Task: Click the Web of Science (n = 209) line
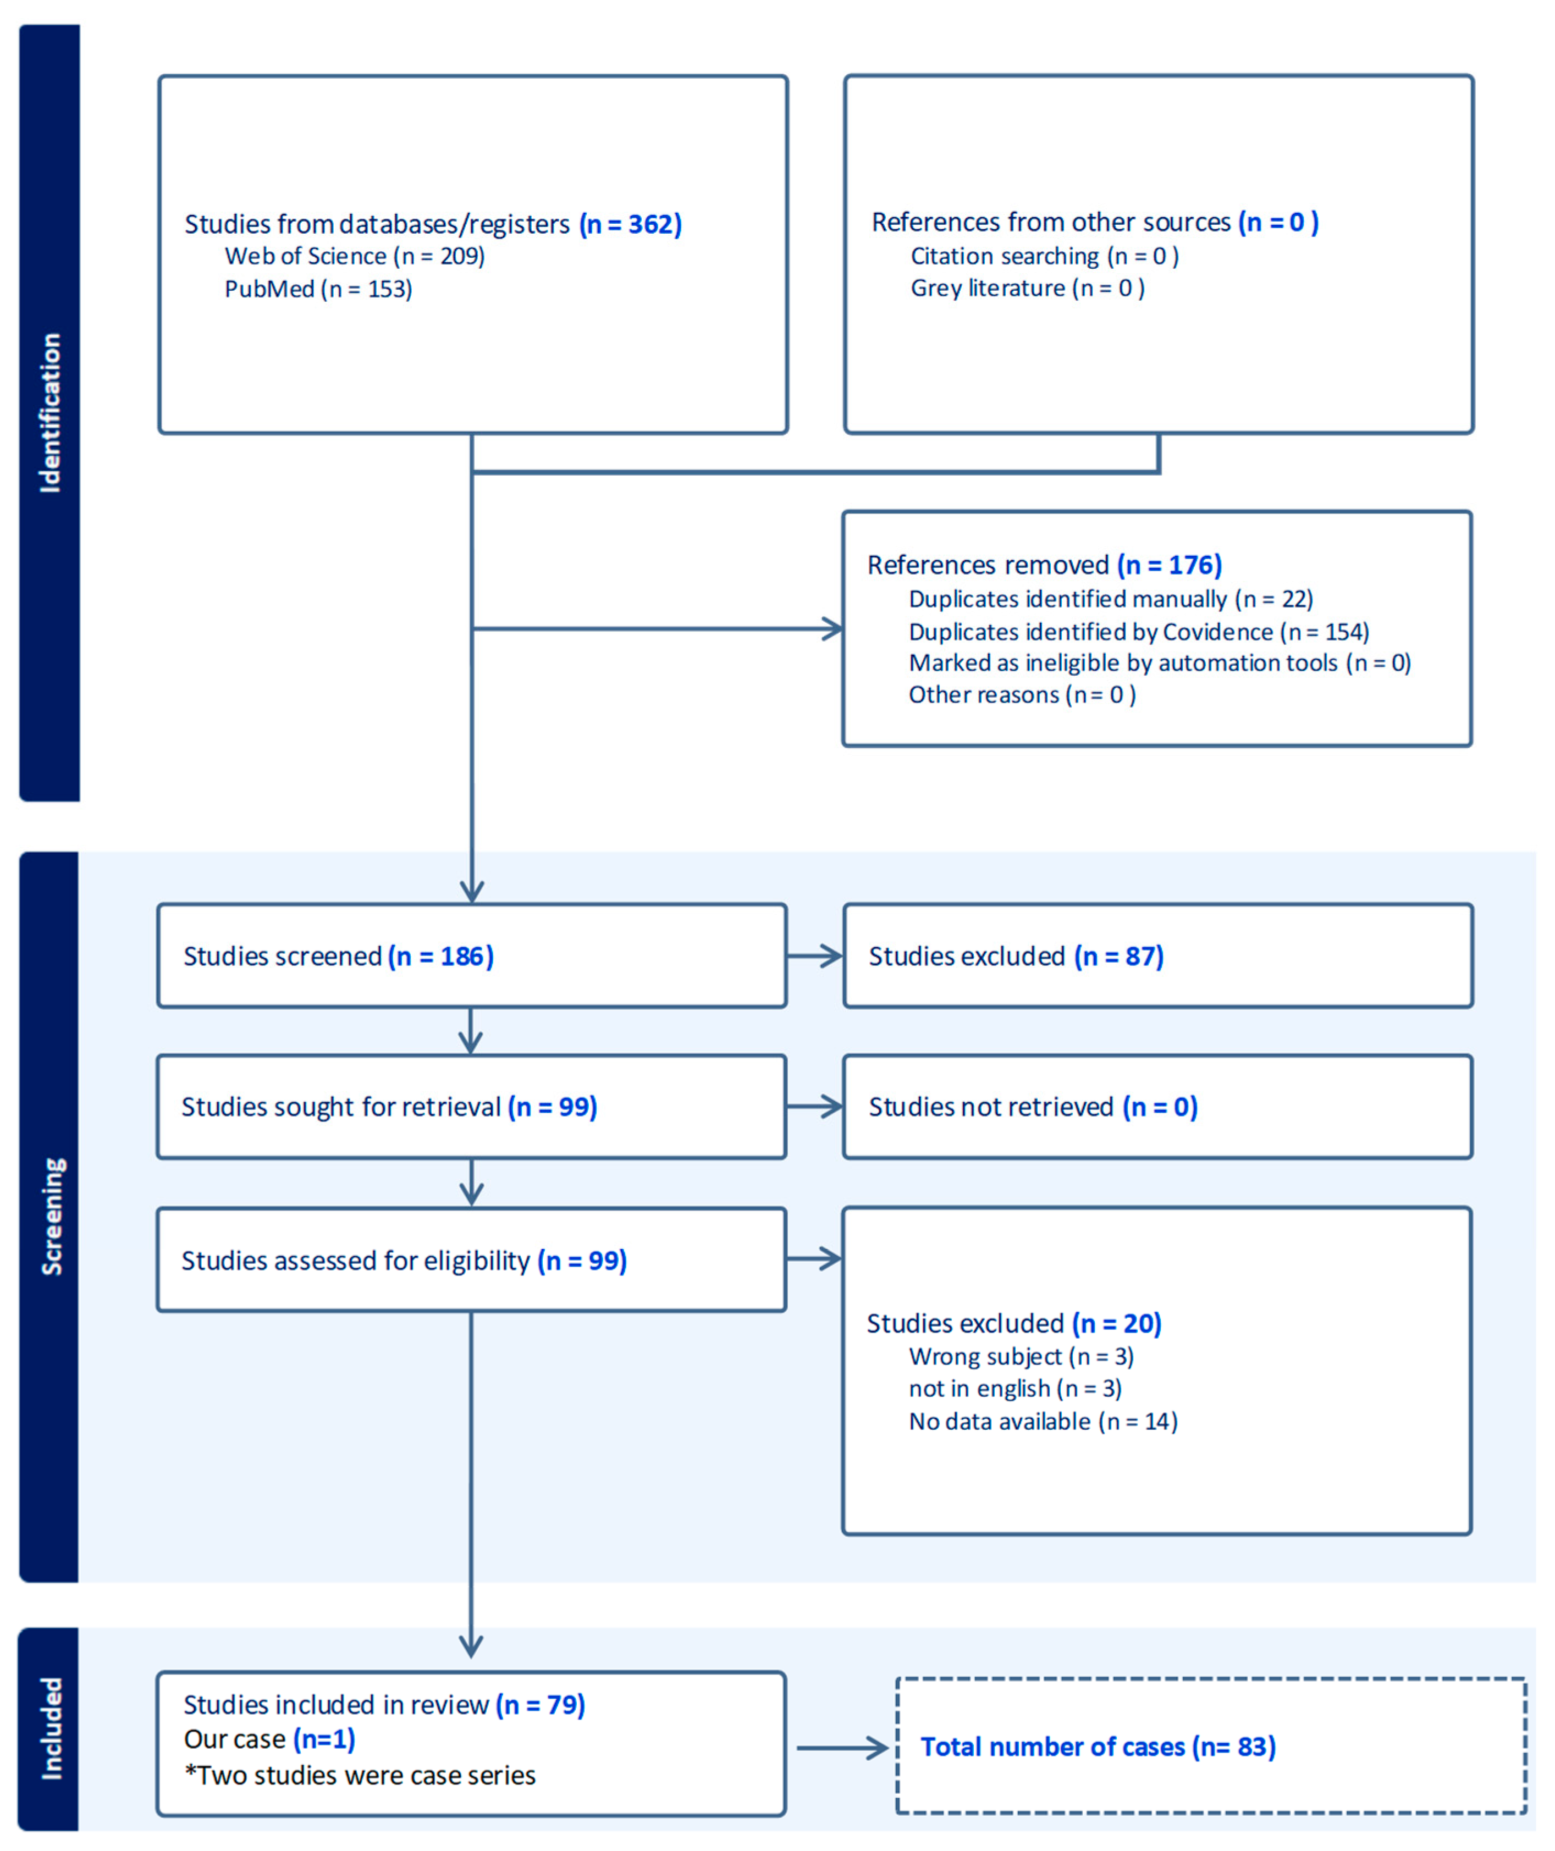click(x=354, y=257)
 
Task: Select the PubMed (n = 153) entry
click(x=318, y=289)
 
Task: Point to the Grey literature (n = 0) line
click(x=1027, y=288)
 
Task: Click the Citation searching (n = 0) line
click(x=1045, y=257)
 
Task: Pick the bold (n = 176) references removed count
click(x=1169, y=565)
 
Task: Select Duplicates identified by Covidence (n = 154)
click(x=1138, y=632)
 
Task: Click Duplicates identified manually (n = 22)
click(x=1111, y=599)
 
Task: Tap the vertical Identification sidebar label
click(x=50, y=412)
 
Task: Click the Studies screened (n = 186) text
click(x=339, y=957)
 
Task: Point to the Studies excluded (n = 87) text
click(x=1016, y=957)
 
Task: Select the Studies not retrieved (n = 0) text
click(x=1033, y=1107)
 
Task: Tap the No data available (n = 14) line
click(x=1043, y=1422)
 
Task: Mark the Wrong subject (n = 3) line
click(x=1021, y=1357)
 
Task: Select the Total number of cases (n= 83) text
click(x=1098, y=1747)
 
